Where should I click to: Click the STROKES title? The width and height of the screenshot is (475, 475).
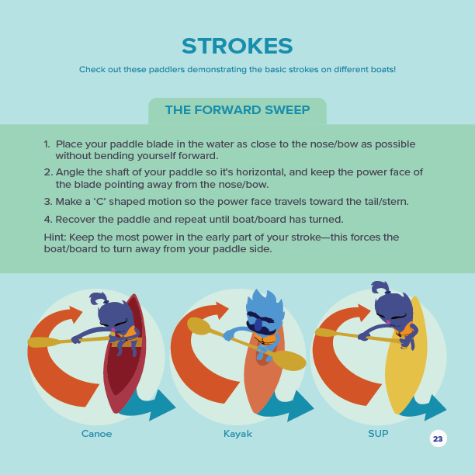(237, 46)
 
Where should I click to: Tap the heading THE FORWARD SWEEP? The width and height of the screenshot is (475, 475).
(237, 110)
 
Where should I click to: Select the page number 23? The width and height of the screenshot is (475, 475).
(438, 439)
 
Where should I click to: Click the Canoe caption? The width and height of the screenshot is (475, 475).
(97, 434)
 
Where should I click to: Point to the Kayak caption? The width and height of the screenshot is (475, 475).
(237, 434)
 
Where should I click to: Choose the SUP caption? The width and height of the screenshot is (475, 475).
(378, 434)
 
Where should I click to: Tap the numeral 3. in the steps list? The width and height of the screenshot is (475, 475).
(48, 202)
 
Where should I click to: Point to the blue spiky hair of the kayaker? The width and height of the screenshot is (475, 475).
(265, 303)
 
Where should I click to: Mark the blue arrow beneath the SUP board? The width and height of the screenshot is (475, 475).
(424, 407)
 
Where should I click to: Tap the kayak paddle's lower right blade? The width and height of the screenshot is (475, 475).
(290, 360)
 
